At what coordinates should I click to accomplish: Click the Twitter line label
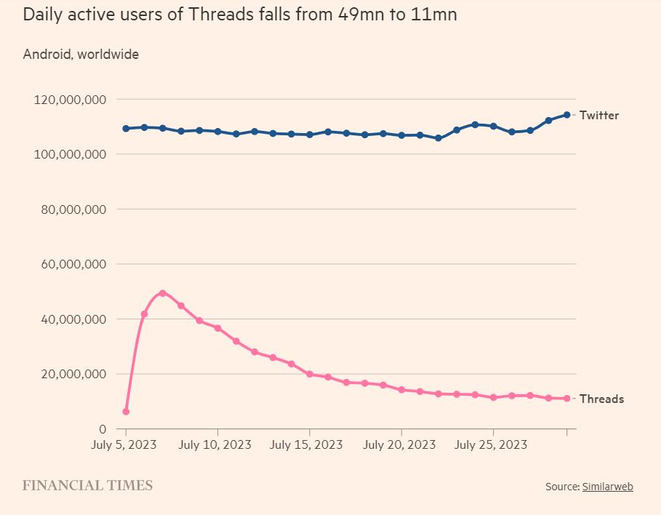[598, 115]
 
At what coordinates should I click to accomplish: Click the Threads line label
[601, 399]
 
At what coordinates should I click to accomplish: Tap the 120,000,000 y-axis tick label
[71, 99]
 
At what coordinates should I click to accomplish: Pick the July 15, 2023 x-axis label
[306, 444]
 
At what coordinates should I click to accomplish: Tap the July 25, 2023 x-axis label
[491, 444]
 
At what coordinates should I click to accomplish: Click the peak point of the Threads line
[162, 293]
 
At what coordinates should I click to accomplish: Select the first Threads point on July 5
[126, 412]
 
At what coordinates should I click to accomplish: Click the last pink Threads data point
[566, 399]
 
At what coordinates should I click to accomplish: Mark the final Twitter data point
[566, 115]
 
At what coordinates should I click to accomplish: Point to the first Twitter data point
[126, 129]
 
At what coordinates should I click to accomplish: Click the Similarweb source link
[607, 487]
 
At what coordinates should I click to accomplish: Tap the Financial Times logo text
[87, 485]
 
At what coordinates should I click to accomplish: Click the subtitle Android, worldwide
[81, 54]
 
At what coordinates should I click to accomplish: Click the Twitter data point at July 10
[217, 132]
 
